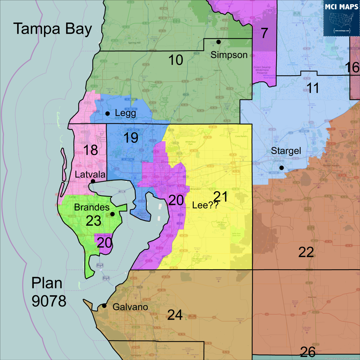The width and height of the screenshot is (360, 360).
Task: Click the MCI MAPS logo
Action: [341, 18]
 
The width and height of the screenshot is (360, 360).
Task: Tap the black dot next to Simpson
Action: [218, 42]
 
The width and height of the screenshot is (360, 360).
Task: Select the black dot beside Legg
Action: [108, 114]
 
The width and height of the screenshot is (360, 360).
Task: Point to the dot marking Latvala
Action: [93, 181]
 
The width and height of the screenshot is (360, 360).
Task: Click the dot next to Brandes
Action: [112, 214]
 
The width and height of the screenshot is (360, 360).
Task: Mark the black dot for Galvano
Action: [104, 306]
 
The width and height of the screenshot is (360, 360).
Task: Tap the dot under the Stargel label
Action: [281, 168]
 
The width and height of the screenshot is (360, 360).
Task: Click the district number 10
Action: [175, 60]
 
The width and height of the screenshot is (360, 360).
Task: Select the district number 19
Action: [131, 138]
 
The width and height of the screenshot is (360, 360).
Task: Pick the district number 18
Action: [90, 150]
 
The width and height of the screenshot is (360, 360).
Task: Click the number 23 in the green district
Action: [94, 221]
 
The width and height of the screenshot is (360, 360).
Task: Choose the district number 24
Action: [175, 315]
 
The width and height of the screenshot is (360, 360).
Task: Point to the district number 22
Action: [306, 252]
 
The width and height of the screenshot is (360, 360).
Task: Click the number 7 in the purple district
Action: [264, 33]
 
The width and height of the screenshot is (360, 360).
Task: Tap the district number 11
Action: [313, 88]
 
